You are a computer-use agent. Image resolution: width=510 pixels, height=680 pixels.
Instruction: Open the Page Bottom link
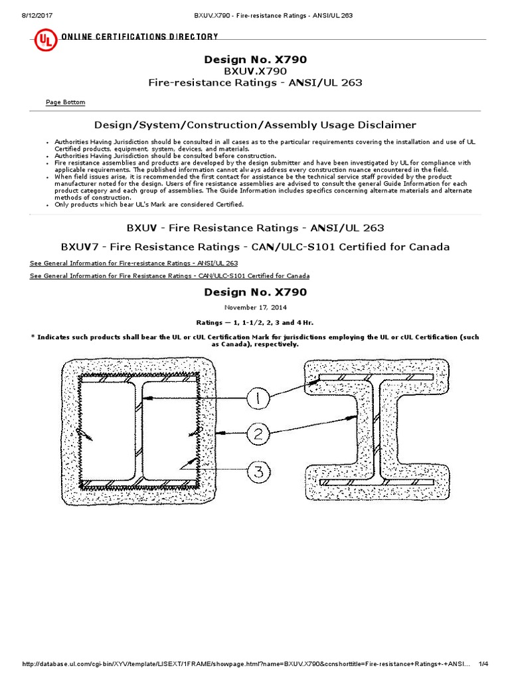(65, 102)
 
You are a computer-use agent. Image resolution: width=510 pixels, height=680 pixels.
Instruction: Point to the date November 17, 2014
(255, 307)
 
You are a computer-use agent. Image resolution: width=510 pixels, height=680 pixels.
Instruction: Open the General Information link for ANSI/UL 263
(133, 264)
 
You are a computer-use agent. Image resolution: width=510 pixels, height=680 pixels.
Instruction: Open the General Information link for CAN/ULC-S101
(169, 276)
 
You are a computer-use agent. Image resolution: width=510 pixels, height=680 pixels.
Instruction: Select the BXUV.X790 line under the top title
(255, 71)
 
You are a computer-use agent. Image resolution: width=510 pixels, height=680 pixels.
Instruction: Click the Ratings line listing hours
(255, 322)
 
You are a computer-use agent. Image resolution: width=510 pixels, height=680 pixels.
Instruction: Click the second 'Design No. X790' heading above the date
(255, 292)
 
